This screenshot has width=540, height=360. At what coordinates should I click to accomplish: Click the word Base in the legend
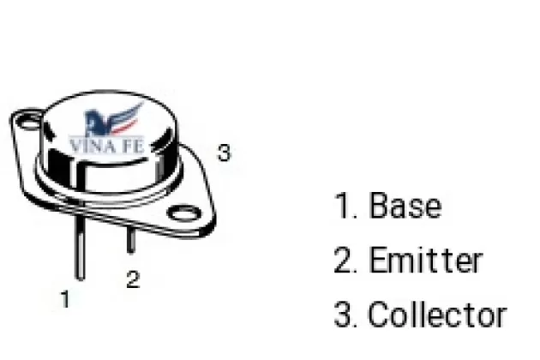tap(405, 206)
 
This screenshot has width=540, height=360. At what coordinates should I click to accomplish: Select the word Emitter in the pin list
tap(426, 260)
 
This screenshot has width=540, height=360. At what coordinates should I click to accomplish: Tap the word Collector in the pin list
tap(437, 315)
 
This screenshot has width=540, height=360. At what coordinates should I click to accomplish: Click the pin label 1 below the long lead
tap(65, 298)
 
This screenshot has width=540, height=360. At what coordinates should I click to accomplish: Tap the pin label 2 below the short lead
tap(133, 279)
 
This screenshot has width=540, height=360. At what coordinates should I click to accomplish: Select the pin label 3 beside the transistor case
tap(224, 153)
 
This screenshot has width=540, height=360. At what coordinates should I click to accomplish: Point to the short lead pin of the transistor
tap(131, 240)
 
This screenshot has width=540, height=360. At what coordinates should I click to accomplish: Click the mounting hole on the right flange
tap(184, 213)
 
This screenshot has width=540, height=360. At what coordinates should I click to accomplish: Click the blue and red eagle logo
tap(112, 119)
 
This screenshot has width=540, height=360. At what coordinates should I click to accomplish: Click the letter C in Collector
tap(380, 315)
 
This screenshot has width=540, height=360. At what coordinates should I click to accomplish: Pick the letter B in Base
tap(379, 206)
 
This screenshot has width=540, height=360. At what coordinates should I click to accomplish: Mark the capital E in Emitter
tap(377, 260)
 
